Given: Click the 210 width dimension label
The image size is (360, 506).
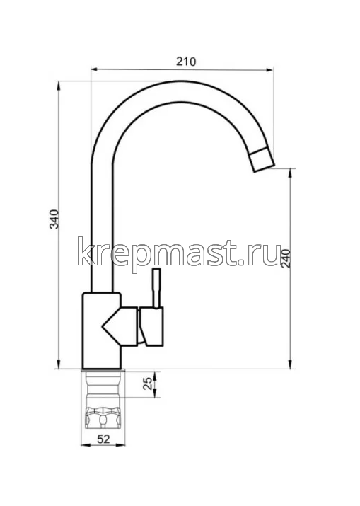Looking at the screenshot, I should [185, 62].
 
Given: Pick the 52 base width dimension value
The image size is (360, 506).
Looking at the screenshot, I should [103, 439].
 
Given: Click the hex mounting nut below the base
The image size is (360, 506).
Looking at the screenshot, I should [104, 418].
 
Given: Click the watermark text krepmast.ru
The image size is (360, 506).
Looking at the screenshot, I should [180, 253].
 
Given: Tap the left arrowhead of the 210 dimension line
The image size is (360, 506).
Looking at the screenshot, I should [94, 69].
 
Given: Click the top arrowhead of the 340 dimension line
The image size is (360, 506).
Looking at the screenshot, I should [59, 86].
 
